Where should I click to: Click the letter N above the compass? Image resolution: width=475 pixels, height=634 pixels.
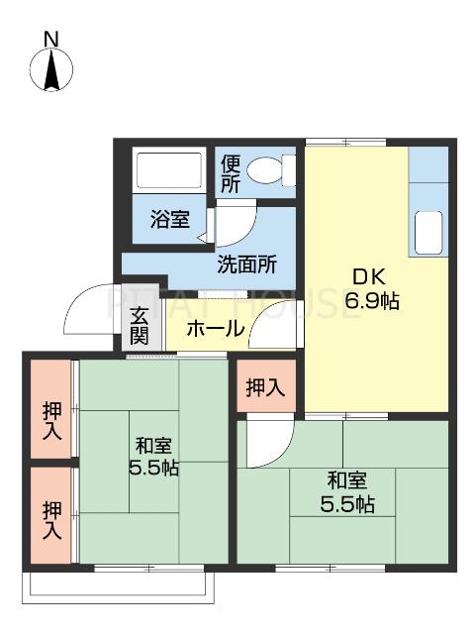[x=51, y=40]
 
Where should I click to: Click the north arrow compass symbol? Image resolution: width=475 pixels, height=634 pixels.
[x=51, y=72]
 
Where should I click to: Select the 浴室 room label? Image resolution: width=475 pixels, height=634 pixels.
[x=170, y=220]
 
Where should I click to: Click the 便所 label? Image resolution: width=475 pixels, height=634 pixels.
[x=231, y=173]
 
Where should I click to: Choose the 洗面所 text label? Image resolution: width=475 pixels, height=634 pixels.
[x=246, y=264]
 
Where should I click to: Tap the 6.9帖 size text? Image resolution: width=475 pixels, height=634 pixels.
[x=371, y=300]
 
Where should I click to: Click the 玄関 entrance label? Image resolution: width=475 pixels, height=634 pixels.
[x=139, y=326]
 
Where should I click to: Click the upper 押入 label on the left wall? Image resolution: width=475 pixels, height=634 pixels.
[x=51, y=420]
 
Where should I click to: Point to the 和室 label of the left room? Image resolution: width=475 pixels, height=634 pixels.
[x=153, y=445]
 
